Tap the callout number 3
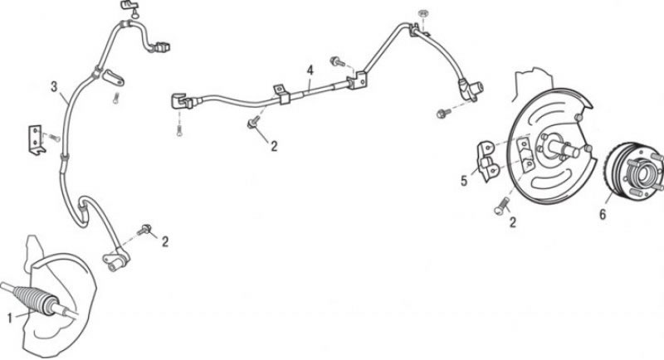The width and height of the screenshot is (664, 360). point(54,87)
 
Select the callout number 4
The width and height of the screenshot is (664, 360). point(310,71)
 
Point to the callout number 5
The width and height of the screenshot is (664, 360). point(464,181)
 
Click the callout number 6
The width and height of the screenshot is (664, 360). point(603,214)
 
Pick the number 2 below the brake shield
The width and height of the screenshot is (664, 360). point(513,222)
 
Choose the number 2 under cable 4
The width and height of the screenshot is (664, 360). point(274,146)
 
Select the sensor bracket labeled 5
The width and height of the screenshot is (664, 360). point(486,162)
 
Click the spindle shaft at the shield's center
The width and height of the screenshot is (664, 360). point(564,147)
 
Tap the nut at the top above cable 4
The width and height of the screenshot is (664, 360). point(422,13)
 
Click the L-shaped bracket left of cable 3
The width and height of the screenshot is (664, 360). point(36,139)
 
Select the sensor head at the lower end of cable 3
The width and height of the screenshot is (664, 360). point(116,260)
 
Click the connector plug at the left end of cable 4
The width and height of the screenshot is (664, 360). point(182,100)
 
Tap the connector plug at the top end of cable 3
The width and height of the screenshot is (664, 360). point(161,46)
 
